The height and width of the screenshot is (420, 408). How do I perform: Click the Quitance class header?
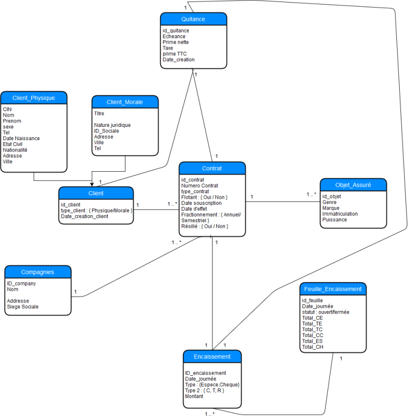point(193,19)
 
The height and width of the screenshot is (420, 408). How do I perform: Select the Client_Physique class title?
point(34,98)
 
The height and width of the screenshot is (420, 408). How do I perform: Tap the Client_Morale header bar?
point(125,102)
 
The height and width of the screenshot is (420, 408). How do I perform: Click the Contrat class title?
point(212,168)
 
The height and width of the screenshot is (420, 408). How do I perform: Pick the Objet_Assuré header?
point(353,185)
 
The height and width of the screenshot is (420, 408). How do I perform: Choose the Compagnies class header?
point(38,272)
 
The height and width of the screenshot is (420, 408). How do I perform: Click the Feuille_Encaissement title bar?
point(333,289)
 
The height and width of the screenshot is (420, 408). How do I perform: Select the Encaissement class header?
point(212,356)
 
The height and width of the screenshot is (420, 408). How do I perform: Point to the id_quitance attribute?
point(176,31)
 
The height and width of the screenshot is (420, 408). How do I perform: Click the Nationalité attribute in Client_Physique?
point(15,150)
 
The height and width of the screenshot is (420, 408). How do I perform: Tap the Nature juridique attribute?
point(112,125)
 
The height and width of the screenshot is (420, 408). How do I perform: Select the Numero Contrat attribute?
point(200,186)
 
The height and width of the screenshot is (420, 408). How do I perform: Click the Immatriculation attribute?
point(340,214)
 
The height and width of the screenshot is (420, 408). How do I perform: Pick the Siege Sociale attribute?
point(22,307)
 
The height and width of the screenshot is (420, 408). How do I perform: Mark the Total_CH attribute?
point(312,347)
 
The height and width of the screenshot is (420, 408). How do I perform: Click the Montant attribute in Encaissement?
point(194,396)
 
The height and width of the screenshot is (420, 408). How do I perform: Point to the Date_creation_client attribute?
point(85,216)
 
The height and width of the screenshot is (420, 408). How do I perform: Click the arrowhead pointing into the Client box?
point(92,184)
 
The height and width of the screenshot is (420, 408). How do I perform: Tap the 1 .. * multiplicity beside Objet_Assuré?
point(311,194)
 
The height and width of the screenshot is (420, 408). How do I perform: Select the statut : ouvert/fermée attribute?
point(325,311)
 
